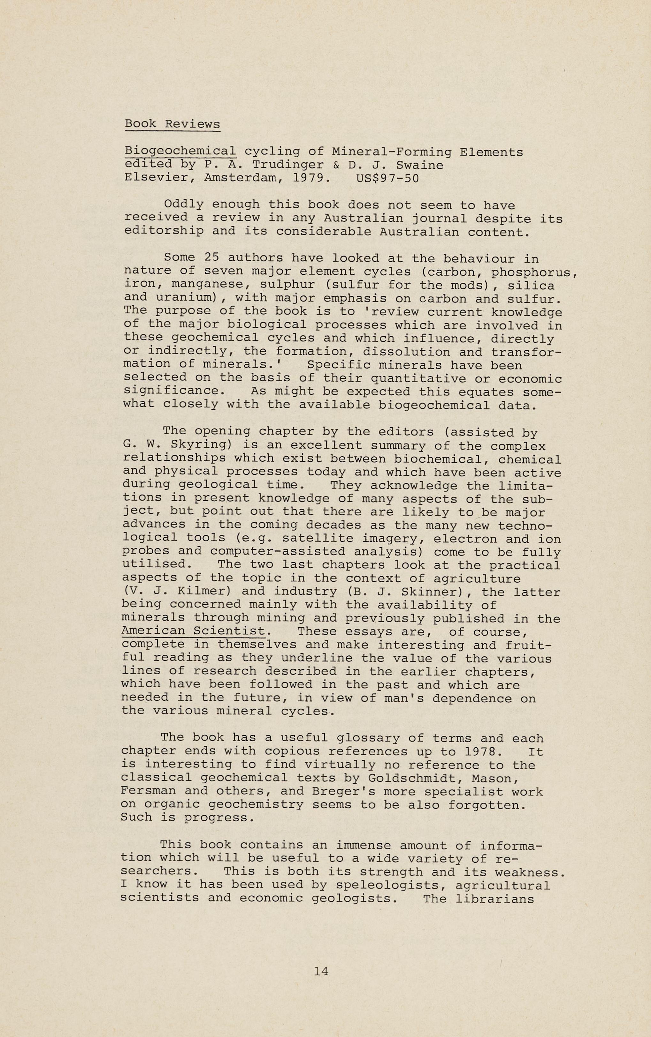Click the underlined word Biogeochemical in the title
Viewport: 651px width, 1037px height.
(180, 151)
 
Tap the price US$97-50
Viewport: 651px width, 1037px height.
(387, 178)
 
